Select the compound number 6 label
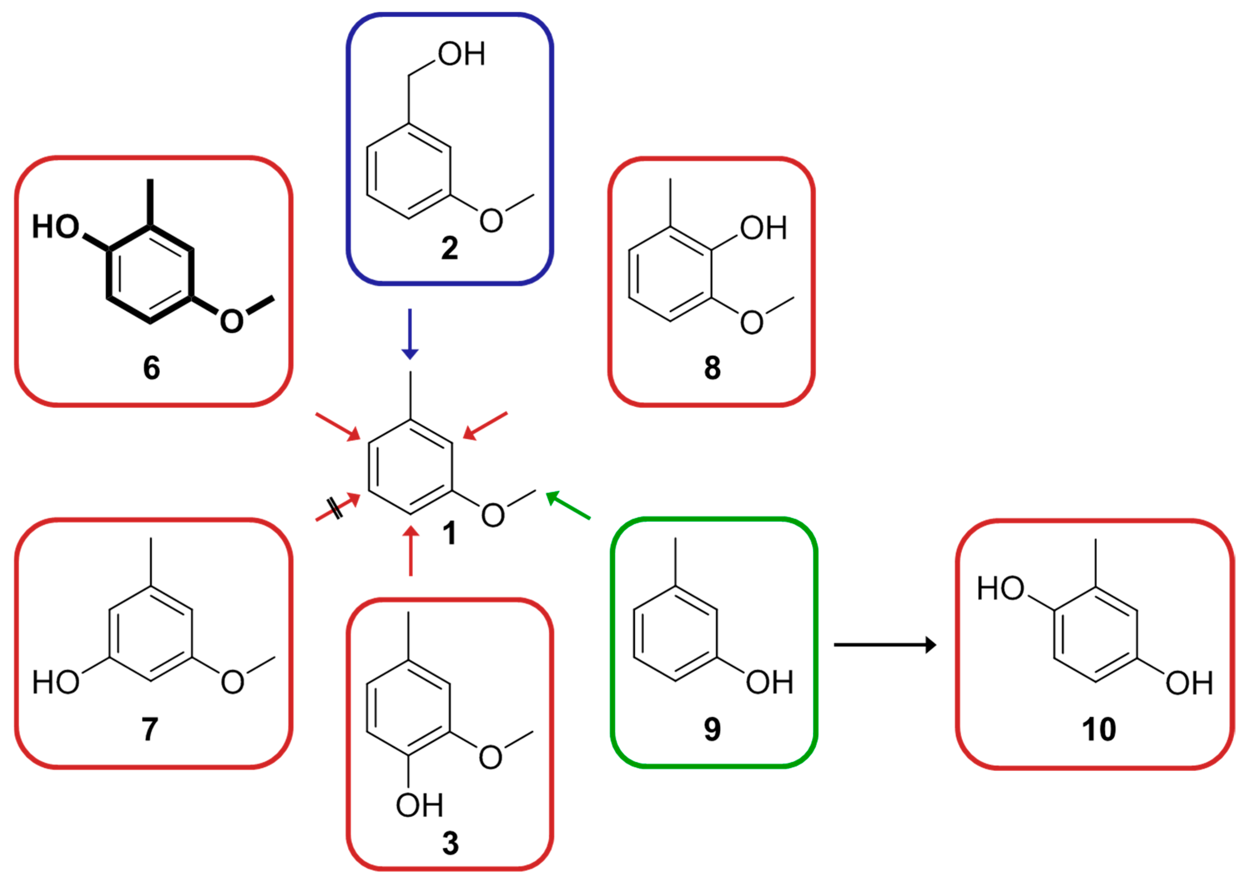[x=152, y=368]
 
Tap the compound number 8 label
[x=712, y=368]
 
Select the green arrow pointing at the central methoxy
[x=568, y=505]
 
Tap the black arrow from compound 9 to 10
[x=885, y=645]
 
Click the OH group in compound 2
[x=461, y=54]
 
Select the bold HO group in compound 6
[x=56, y=227]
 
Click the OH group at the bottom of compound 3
[x=419, y=805]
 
